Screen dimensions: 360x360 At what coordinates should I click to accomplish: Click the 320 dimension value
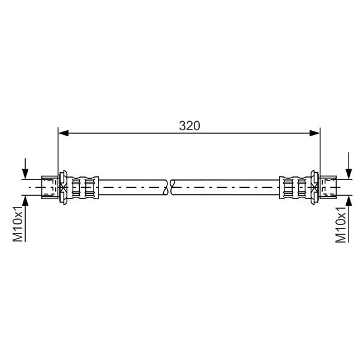click(190, 126)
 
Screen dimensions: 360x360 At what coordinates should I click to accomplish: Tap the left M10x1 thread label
click(17, 224)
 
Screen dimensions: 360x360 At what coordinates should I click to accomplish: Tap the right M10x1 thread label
click(340, 224)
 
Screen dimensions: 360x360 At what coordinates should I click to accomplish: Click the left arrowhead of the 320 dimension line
click(64, 133)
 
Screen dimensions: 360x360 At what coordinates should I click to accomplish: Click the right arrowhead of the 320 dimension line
click(314, 133)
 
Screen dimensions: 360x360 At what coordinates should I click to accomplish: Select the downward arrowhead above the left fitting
click(25, 174)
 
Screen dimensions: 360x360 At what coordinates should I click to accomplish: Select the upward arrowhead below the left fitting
click(25, 201)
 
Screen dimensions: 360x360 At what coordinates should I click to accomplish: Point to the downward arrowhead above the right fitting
click(349, 174)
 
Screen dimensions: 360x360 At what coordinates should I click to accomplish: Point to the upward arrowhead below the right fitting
click(349, 201)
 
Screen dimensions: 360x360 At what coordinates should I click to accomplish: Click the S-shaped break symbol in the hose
click(169, 187)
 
